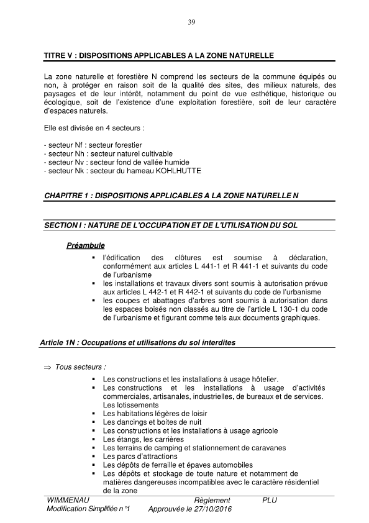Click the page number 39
tap(191, 23)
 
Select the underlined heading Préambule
tap(85, 245)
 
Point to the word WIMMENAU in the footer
tap(68, 500)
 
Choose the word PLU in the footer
tap(270, 500)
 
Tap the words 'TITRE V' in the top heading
tap(61, 56)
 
